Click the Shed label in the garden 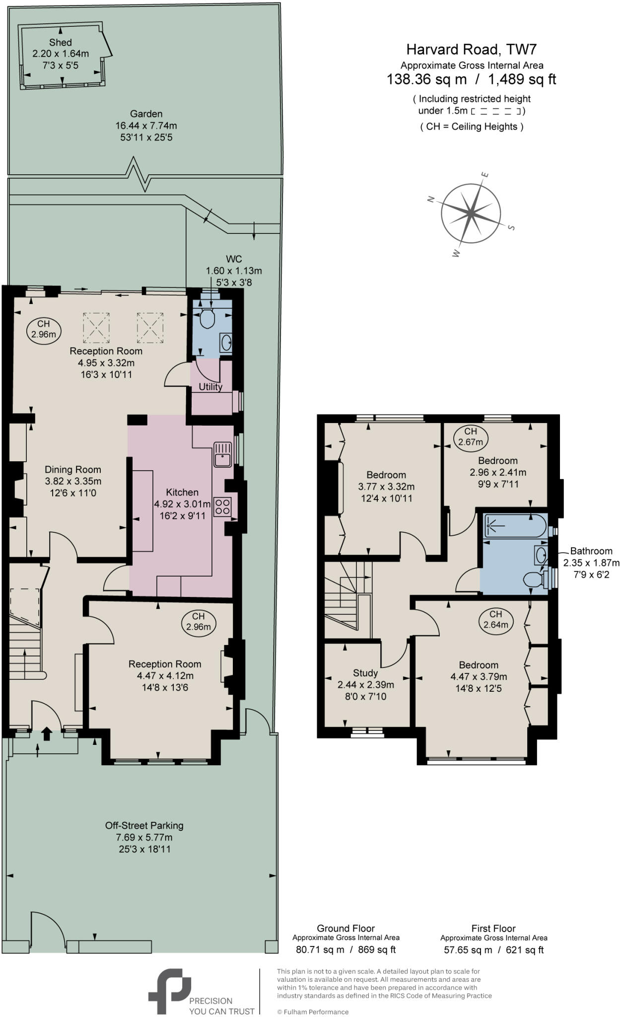click(x=61, y=43)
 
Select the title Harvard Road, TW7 click(x=472, y=49)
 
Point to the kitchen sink click(x=223, y=454)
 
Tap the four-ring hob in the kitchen click(x=223, y=507)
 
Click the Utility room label click(x=210, y=387)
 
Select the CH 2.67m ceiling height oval click(x=471, y=436)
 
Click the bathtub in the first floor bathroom click(x=515, y=526)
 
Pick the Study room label click(x=365, y=673)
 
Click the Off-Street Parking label click(x=144, y=825)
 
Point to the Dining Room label click(x=73, y=469)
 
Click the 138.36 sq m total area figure click(x=427, y=79)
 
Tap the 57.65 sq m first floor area click(x=468, y=950)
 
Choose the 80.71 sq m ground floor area click(x=320, y=950)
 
